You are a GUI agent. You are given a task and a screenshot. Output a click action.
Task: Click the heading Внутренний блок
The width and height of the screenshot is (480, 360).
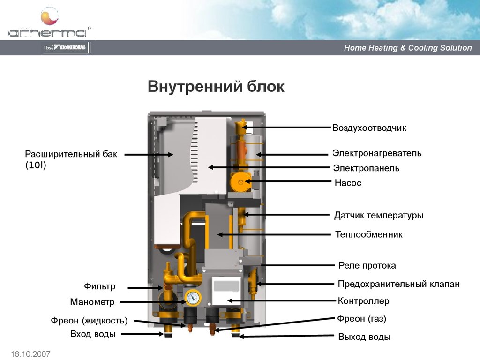click(x=216, y=87)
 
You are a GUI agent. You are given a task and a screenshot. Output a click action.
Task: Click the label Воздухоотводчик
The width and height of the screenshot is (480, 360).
click(x=369, y=127)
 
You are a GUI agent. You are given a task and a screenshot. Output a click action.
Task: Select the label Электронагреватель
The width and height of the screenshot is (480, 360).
click(x=377, y=153)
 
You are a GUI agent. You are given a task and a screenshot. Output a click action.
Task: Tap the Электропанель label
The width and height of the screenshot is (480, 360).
click(x=366, y=168)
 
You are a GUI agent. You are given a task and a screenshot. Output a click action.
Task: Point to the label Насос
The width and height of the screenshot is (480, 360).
click(x=348, y=183)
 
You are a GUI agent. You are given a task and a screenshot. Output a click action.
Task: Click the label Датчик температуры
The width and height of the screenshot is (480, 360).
click(x=379, y=215)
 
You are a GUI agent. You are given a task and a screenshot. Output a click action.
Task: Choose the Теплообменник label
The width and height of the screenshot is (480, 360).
click(x=369, y=234)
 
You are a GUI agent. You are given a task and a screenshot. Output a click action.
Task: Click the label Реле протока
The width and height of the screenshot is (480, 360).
click(x=367, y=265)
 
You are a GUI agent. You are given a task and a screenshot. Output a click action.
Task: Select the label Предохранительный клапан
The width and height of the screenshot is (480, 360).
click(x=399, y=284)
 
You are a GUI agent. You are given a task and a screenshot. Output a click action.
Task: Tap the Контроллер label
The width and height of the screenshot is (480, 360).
click(x=363, y=301)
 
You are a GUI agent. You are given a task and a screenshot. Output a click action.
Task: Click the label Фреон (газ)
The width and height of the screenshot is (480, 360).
click(x=361, y=319)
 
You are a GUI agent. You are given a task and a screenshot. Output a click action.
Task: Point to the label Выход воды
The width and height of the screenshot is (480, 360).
click(x=364, y=337)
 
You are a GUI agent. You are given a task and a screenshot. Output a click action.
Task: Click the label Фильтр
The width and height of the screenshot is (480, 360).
click(x=100, y=286)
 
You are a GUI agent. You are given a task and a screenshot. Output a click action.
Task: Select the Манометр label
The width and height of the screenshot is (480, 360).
click(x=92, y=302)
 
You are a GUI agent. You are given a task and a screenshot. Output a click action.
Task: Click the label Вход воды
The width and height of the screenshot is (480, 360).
click(x=93, y=334)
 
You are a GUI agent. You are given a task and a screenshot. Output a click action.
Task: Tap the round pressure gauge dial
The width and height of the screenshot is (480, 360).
click(x=193, y=297)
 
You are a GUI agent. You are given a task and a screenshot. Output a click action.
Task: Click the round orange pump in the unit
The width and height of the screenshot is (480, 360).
click(x=240, y=182)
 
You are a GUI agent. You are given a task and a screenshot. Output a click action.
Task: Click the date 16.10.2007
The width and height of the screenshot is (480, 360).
click(x=30, y=354)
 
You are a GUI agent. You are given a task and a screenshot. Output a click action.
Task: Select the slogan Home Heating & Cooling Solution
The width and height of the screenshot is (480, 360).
click(x=408, y=48)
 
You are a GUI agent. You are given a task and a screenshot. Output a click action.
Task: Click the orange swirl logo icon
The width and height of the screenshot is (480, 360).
click(x=50, y=16)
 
